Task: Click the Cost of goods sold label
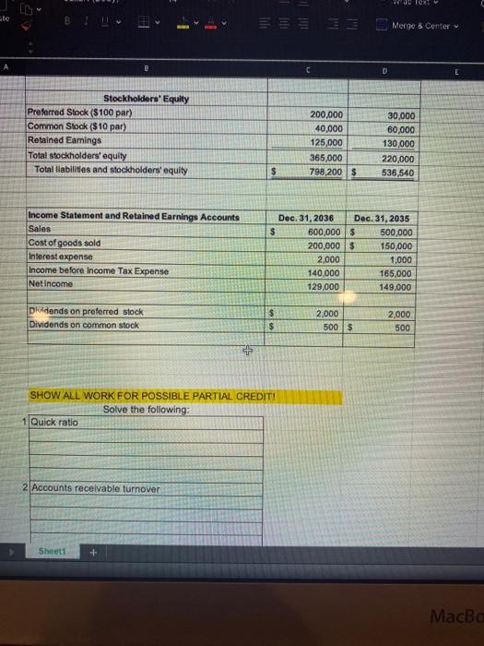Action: [x=66, y=241]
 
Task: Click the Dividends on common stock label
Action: [x=86, y=324]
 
